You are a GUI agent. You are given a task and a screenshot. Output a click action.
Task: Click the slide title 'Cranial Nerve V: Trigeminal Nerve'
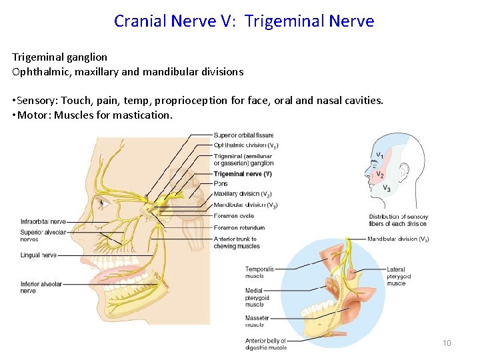[x=244, y=21]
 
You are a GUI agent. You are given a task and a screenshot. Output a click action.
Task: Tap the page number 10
[x=447, y=343]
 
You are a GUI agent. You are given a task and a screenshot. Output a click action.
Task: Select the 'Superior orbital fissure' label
[x=243, y=135]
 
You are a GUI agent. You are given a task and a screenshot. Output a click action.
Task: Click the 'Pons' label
[x=221, y=183]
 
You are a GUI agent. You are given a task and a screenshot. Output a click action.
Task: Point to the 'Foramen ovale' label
[x=234, y=215]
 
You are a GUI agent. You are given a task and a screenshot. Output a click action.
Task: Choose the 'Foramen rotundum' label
[x=239, y=227]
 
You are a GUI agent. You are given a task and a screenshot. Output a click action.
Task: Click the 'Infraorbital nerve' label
[x=43, y=221]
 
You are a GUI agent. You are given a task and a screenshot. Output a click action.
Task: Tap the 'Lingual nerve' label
[x=39, y=255]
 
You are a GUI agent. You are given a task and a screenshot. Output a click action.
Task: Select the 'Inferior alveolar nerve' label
[x=41, y=287]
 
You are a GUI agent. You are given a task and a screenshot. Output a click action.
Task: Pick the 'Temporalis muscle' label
[x=259, y=273]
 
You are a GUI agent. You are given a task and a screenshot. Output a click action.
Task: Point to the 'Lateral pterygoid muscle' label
[x=399, y=277]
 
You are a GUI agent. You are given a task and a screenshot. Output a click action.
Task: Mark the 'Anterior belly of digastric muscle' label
[x=265, y=344]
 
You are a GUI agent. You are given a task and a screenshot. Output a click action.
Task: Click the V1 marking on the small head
[x=380, y=155]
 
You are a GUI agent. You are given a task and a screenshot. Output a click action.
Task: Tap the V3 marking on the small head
[x=387, y=189]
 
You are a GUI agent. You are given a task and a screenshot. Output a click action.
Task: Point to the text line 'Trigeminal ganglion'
[x=59, y=57]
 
